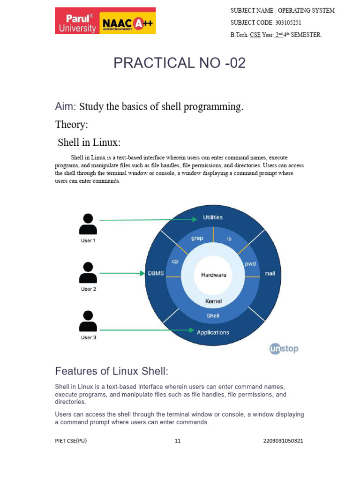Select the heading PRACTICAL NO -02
click(180, 63)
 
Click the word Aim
click(65, 107)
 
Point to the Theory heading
click(71, 125)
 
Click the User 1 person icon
click(88, 225)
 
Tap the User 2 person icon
click(88, 273)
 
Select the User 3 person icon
click(88, 321)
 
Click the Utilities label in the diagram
click(212, 217)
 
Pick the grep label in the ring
click(197, 238)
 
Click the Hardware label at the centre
click(213, 275)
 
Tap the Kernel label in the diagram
click(213, 301)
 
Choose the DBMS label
click(156, 273)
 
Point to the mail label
click(270, 273)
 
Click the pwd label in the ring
click(250, 263)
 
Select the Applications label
click(213, 332)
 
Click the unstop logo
click(284, 349)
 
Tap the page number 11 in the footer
click(177, 441)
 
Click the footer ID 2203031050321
click(284, 441)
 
